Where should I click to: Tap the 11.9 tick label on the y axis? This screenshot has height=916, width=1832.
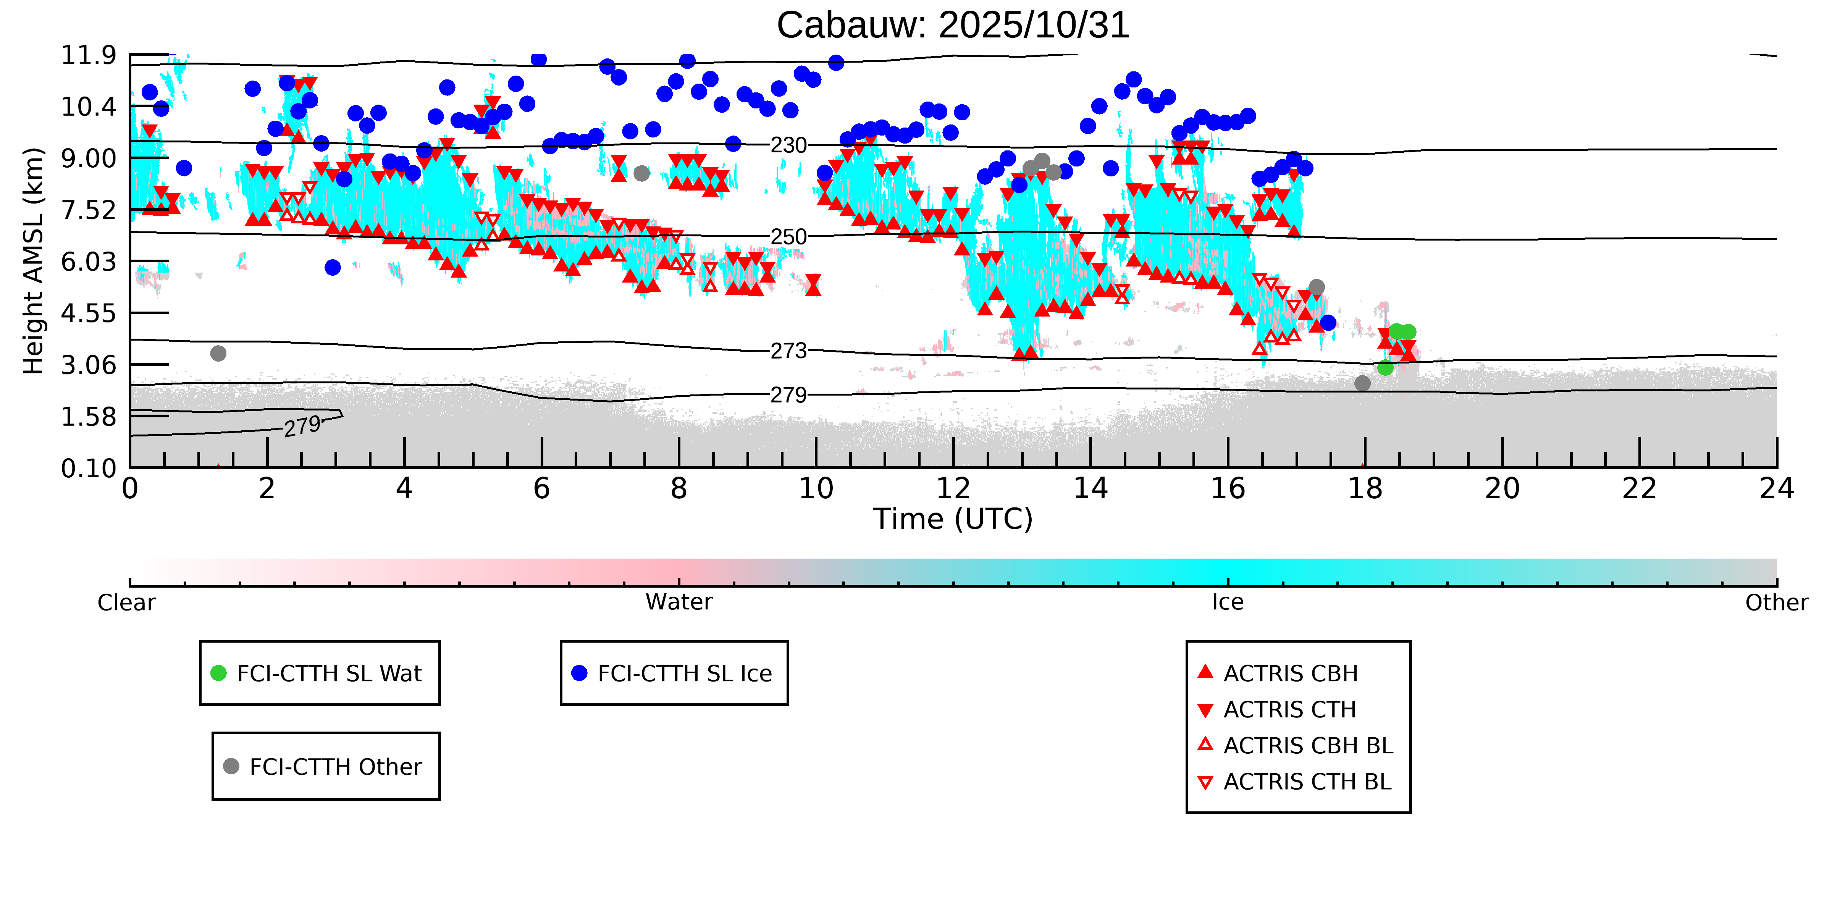88,55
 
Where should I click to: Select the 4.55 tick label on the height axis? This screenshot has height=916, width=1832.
88,313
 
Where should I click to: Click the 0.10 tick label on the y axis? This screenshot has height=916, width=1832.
88,468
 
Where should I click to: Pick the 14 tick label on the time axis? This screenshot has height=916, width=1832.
1090,489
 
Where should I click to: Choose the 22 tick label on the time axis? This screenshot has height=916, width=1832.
1639,489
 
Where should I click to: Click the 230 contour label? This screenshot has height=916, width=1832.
789,145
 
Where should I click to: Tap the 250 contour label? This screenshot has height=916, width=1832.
789,237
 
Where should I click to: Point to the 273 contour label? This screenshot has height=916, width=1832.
789,351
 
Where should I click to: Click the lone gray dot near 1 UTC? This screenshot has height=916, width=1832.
218,354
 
